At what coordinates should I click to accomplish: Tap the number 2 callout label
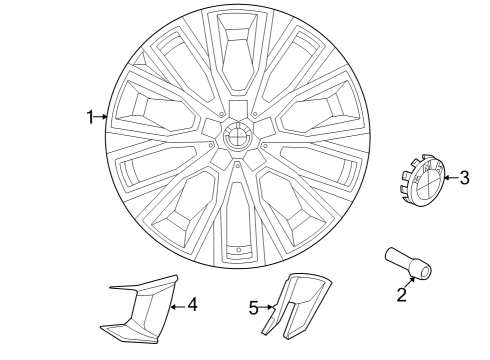[x=402, y=294]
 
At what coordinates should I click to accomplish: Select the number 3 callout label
[x=464, y=179]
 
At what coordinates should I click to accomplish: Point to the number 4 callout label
[x=192, y=304]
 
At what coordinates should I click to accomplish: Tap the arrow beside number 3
[x=449, y=179]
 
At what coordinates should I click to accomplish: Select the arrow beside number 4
[x=176, y=305]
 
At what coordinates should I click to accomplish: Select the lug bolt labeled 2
[x=407, y=263]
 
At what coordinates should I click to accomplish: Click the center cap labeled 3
[x=423, y=181]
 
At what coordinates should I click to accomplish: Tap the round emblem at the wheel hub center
[x=239, y=139]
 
